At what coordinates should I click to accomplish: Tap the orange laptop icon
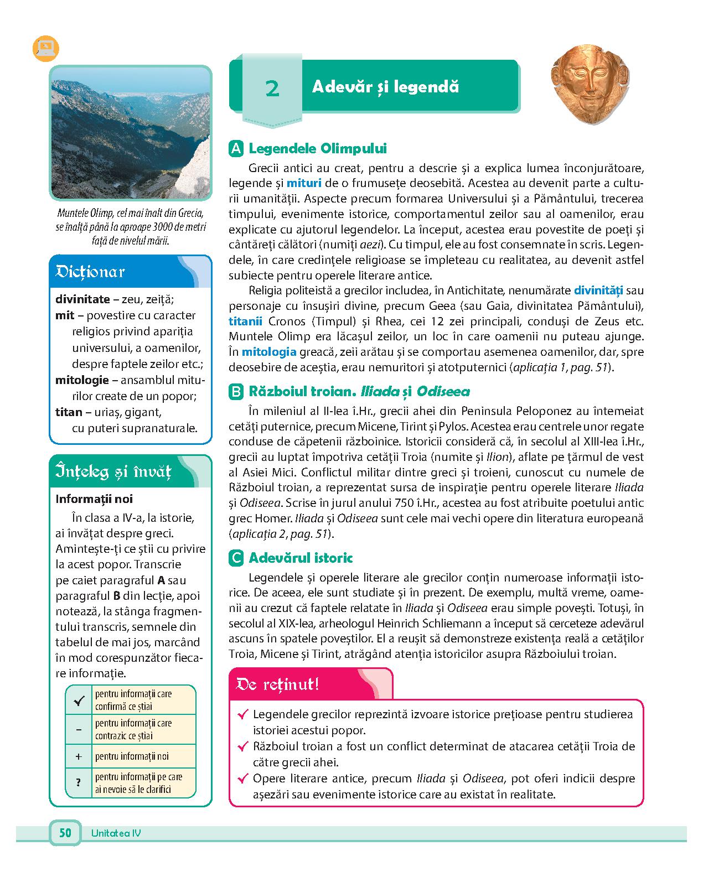click(x=45, y=48)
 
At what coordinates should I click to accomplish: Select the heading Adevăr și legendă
click(x=385, y=87)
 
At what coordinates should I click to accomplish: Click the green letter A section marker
click(x=236, y=149)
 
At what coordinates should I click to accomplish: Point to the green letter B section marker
click(x=236, y=392)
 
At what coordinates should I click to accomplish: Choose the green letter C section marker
click(x=236, y=558)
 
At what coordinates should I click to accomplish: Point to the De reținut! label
click(x=277, y=684)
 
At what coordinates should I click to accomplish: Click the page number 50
click(x=65, y=833)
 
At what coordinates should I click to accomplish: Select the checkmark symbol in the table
click(x=79, y=701)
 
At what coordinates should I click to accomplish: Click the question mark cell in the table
click(x=79, y=782)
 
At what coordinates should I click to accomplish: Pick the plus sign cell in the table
click(x=79, y=756)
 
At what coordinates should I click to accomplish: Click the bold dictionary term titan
click(x=69, y=412)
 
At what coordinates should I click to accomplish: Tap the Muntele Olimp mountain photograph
click(x=131, y=132)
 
